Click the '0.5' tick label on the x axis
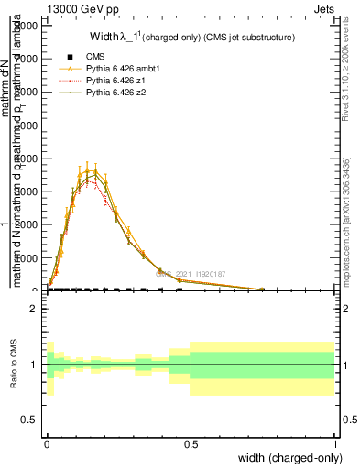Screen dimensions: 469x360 click(x=191, y=443)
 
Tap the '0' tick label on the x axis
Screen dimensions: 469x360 click(x=47, y=443)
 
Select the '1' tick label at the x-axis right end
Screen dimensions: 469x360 click(x=335, y=443)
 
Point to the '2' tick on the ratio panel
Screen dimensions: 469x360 click(x=33, y=309)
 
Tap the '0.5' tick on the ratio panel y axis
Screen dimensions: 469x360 click(x=29, y=420)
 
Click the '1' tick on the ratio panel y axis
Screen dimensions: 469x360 click(x=33, y=365)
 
